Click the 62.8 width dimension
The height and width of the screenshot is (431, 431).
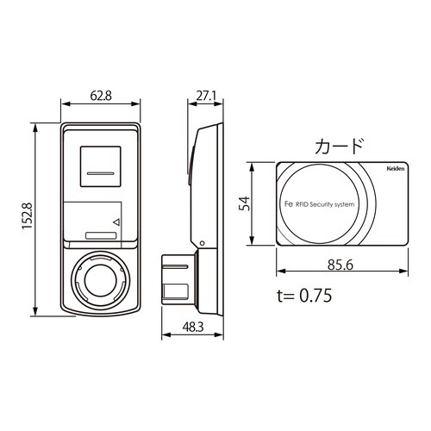tap(101, 96)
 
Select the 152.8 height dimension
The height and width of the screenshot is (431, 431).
tap(28, 216)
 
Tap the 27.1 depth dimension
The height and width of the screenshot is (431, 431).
tap(206, 96)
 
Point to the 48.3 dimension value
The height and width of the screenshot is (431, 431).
tap(193, 327)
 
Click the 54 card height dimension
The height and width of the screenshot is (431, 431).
tap(245, 203)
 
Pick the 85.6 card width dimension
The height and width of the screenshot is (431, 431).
tap(340, 265)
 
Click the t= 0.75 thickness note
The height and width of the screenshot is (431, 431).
tap(304, 296)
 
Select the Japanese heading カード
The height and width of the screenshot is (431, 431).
tap(340, 147)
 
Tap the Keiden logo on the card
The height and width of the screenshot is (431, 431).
tap(396, 169)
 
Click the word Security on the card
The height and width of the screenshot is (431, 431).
tap(322, 204)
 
